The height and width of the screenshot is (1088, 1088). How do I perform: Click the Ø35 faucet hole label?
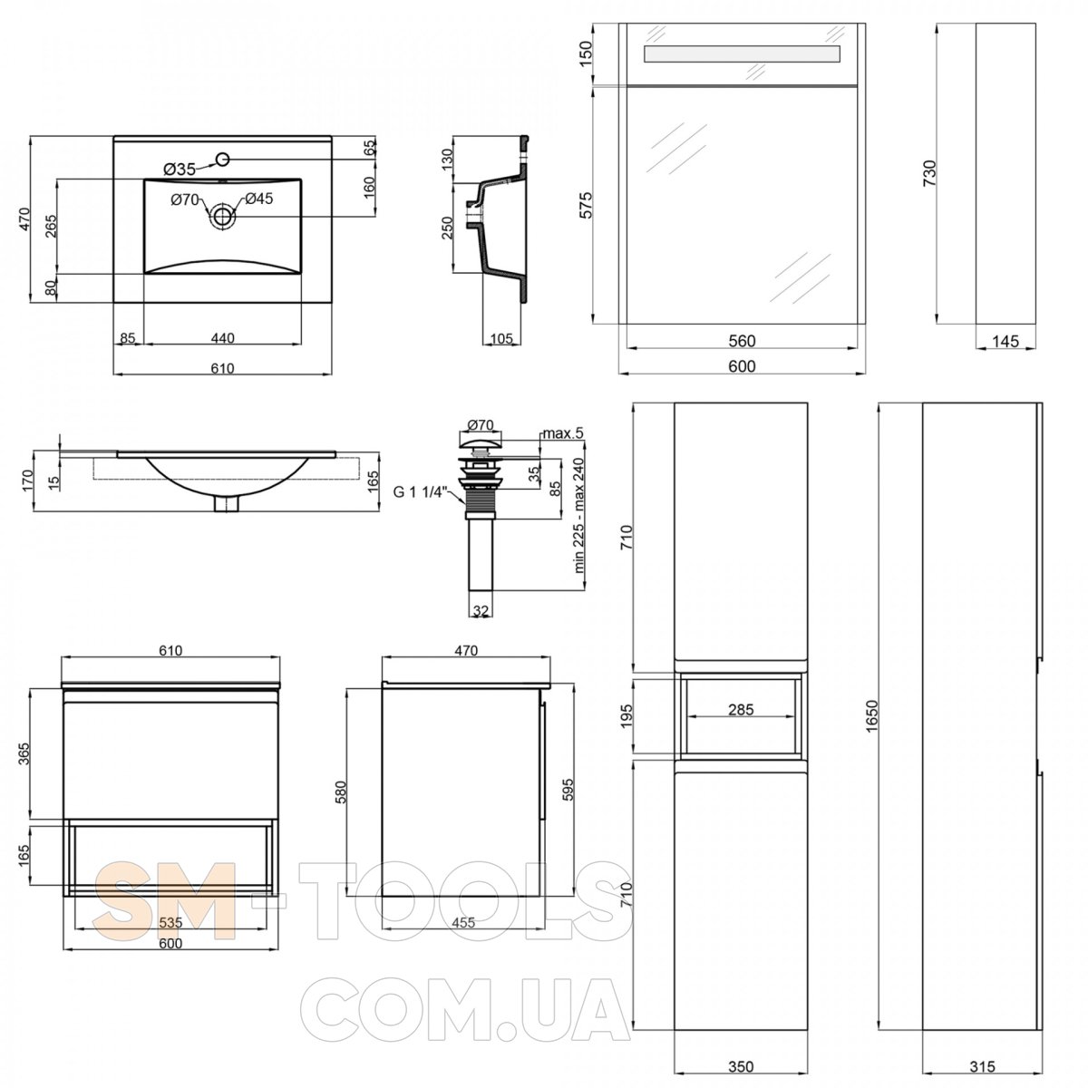tap(180, 169)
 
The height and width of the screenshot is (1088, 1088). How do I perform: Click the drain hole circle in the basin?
tap(222, 215)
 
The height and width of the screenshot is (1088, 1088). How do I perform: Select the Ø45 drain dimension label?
tap(259, 199)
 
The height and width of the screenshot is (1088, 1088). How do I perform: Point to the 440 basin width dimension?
tap(222, 337)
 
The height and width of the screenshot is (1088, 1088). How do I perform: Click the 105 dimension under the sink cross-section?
tap(501, 338)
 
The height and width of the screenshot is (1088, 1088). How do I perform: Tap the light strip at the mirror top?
tap(742, 53)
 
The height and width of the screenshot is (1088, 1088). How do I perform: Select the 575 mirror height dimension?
tap(587, 205)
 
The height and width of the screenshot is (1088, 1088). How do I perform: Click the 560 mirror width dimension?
tap(742, 341)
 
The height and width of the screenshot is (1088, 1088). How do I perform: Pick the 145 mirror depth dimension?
tap(1005, 341)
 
